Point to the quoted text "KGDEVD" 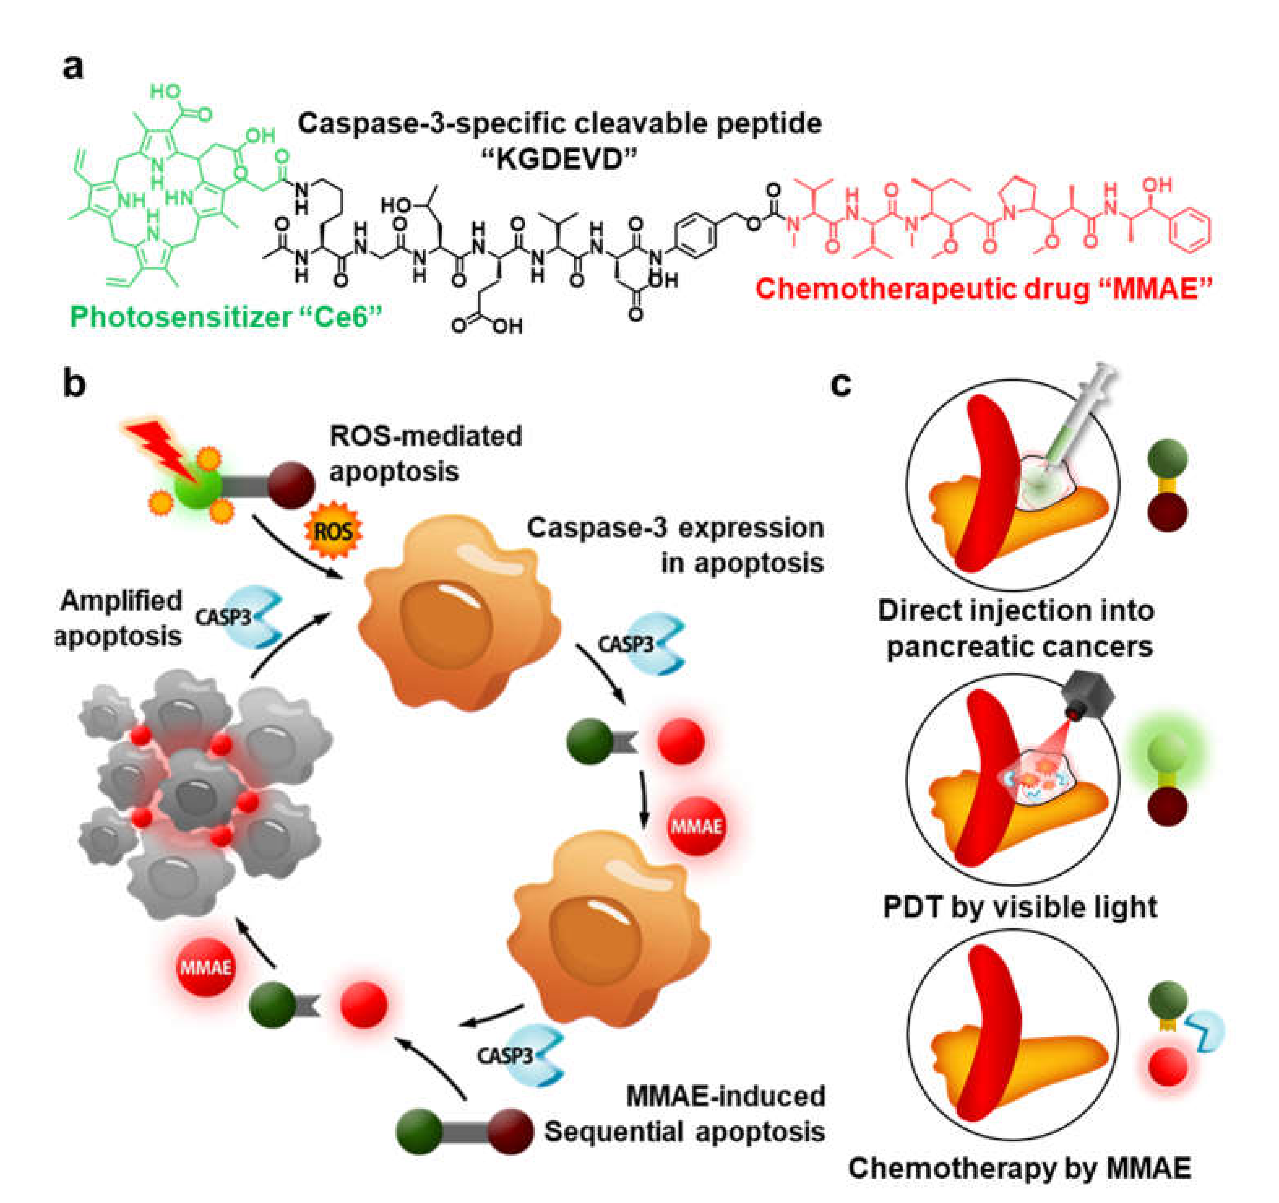pos(559,158)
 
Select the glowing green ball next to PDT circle pos(1167,750)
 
